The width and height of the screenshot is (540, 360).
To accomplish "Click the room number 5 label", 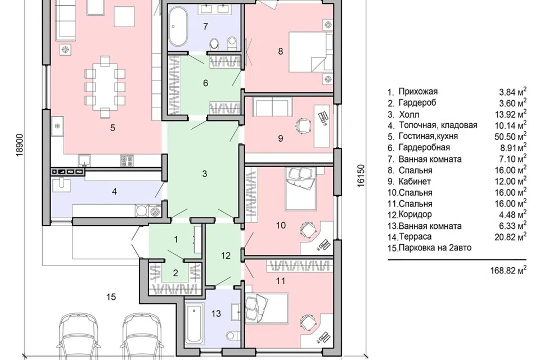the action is (x=112, y=128).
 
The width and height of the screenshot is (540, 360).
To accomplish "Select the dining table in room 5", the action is (x=105, y=85).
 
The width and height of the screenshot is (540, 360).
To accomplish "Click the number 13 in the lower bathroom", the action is (x=216, y=313).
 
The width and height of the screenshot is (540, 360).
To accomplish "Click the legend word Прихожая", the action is (x=418, y=92).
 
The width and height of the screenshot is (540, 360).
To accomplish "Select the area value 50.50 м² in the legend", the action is (x=510, y=136).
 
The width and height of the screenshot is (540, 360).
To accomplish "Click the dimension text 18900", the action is (x=21, y=145).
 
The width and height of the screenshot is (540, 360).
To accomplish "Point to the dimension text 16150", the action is (x=361, y=175).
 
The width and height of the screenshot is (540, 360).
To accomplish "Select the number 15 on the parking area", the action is (x=111, y=297).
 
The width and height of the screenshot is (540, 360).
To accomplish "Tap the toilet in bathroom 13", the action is (x=233, y=336).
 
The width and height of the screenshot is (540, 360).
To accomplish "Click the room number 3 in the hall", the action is (x=205, y=174).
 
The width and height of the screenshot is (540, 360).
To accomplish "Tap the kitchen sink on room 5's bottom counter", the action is (x=84, y=160).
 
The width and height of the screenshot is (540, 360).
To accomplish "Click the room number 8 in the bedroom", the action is (x=280, y=51).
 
